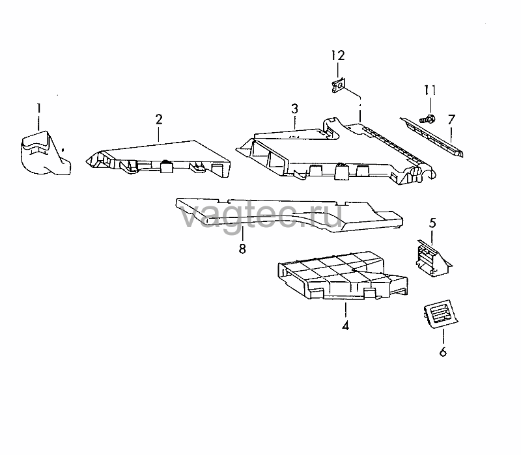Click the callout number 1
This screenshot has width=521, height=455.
(39, 109)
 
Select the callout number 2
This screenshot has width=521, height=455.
(159, 119)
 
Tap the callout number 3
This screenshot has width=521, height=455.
(295, 109)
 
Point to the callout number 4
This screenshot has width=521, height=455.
(346, 325)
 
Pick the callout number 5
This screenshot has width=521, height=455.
(432, 223)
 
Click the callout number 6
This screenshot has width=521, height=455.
(444, 352)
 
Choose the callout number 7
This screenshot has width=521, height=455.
(451, 119)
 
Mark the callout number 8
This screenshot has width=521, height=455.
(242, 249)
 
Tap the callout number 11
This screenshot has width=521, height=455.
(430, 90)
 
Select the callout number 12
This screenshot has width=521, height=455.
(338, 55)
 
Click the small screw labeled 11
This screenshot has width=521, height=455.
(428, 118)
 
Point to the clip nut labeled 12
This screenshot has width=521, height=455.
(339, 86)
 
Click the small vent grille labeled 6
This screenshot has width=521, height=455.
(441, 314)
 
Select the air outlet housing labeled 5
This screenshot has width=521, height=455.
(432, 259)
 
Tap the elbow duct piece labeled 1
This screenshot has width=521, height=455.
(46, 154)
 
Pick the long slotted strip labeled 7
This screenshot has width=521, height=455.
(432, 136)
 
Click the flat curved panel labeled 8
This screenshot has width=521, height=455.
(289, 215)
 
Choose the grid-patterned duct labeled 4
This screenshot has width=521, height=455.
(343, 275)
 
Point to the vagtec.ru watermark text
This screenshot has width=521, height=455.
(261, 216)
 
